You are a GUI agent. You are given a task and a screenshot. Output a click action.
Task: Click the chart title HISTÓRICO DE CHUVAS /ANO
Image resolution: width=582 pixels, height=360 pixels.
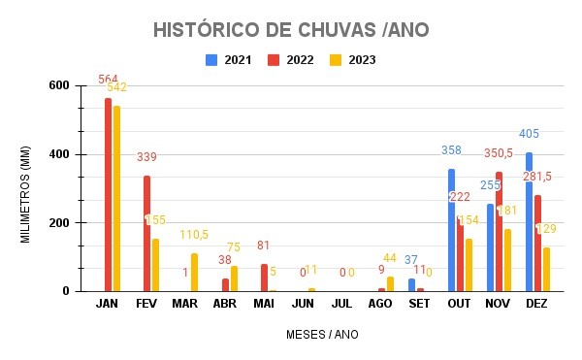tap(291, 30)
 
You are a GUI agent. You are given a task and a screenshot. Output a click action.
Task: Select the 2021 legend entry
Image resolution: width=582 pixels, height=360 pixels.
tap(229, 60)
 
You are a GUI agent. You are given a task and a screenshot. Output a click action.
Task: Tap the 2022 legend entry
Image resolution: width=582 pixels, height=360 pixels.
tap(293, 60)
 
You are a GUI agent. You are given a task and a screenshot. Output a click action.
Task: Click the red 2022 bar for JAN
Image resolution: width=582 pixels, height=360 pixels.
tap(108, 194)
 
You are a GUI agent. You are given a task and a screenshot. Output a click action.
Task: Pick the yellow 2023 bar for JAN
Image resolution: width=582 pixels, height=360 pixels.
tap(116, 198)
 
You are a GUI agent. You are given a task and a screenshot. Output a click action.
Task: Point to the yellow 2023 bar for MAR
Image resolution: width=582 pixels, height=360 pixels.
tap(194, 272)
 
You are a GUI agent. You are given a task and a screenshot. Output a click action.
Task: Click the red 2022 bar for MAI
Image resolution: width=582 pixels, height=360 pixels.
tap(263, 278)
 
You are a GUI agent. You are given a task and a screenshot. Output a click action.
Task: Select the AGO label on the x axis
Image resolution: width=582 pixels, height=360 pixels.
tap(380, 304)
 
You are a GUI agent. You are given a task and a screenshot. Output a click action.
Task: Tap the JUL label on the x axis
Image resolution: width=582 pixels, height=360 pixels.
tap(341, 304)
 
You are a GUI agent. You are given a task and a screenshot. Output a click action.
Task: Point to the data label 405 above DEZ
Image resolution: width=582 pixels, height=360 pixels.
tap(529, 134)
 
